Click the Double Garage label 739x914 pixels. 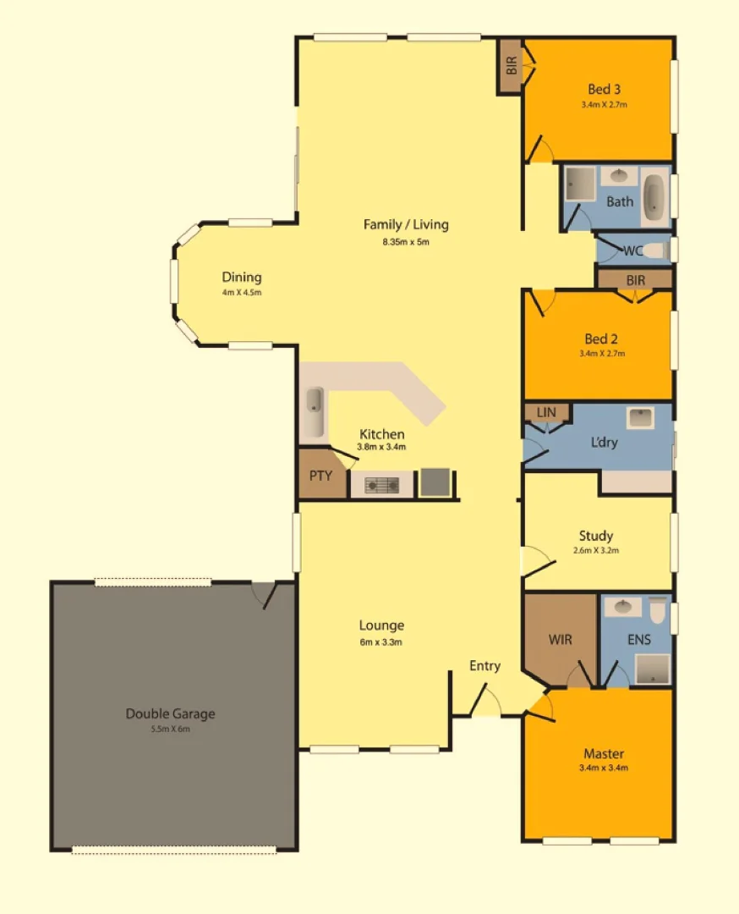[170, 713]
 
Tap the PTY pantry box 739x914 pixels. [321, 476]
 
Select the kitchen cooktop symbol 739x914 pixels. [381, 485]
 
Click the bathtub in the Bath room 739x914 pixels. [654, 195]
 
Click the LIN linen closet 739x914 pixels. [546, 412]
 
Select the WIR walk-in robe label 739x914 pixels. [559, 640]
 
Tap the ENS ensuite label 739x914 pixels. [639, 640]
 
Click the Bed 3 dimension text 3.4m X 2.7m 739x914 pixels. [604, 105]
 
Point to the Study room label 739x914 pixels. [596, 536]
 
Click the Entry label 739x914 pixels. [484, 666]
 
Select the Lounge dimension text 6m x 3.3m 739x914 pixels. [381, 641]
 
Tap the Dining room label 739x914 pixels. [242, 278]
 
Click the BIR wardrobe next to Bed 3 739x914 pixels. [511, 66]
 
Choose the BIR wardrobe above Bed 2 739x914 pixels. [635, 279]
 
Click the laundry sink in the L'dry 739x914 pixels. [639, 418]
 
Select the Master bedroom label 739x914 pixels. [604, 753]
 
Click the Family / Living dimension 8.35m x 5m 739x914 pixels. [406, 242]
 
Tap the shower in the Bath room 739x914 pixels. [580, 184]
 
